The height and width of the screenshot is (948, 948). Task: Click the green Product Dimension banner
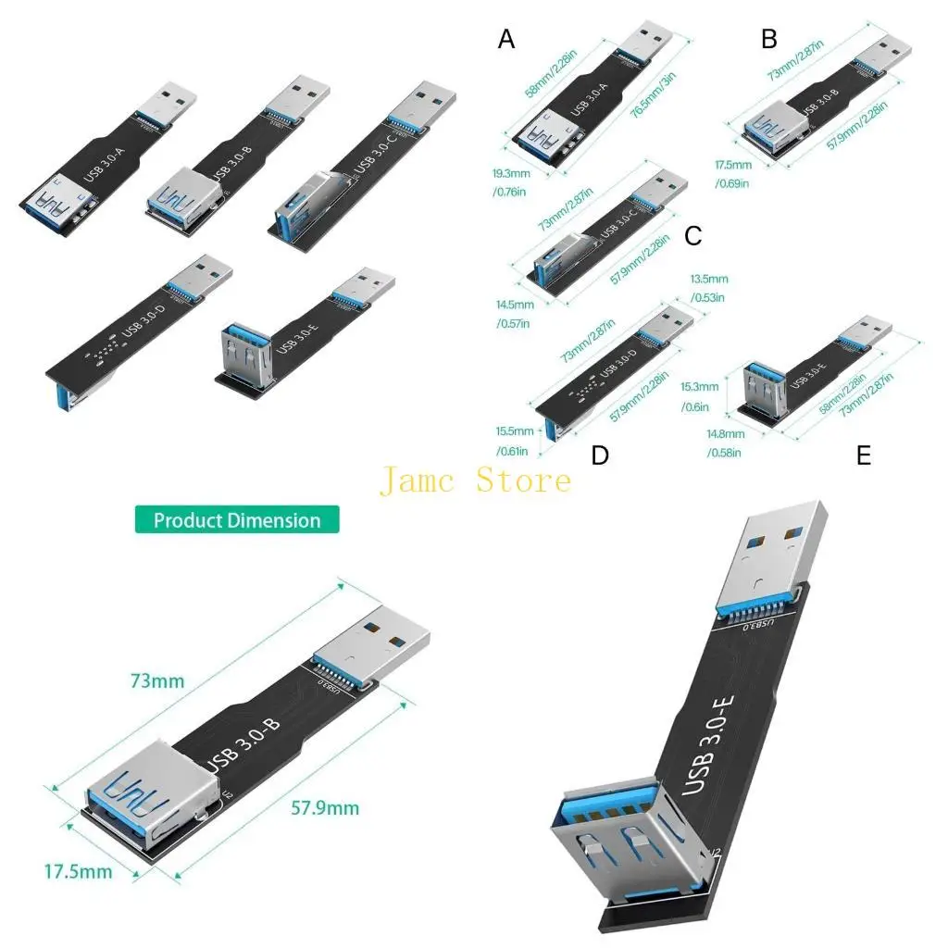click(237, 519)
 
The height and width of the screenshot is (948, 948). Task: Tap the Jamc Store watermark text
click(475, 480)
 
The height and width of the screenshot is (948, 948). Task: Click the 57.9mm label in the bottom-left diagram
click(324, 808)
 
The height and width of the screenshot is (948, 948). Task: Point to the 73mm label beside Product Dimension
click(157, 681)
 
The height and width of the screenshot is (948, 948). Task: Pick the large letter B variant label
click(769, 39)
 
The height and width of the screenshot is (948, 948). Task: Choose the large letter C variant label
click(693, 236)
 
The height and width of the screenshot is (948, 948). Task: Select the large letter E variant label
click(864, 455)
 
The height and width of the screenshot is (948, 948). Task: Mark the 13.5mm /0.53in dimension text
click(709, 287)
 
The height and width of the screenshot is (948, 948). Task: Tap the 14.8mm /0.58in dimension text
click(725, 443)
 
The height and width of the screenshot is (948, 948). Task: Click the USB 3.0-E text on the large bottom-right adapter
click(710, 742)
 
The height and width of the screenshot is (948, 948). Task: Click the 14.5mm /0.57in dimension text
click(514, 313)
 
